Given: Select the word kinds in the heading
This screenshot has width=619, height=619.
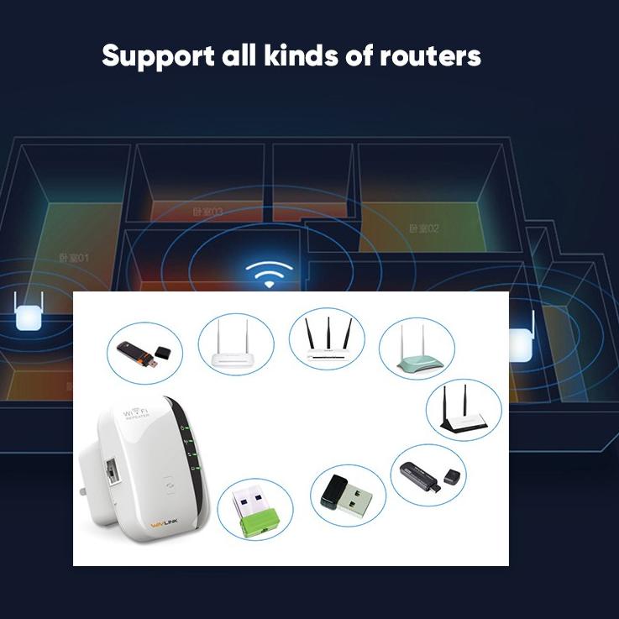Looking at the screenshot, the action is tap(297, 56).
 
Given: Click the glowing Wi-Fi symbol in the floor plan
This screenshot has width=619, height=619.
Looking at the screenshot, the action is tap(269, 274).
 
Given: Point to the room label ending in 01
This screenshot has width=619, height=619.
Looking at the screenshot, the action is tap(74, 258).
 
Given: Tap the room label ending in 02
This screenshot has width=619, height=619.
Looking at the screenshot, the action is tap(424, 228).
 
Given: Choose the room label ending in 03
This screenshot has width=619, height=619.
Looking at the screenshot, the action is tap(207, 212).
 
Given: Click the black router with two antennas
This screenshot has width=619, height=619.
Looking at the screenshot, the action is tap(463, 411).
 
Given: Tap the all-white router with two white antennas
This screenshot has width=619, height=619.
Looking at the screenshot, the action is tap(236, 347).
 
